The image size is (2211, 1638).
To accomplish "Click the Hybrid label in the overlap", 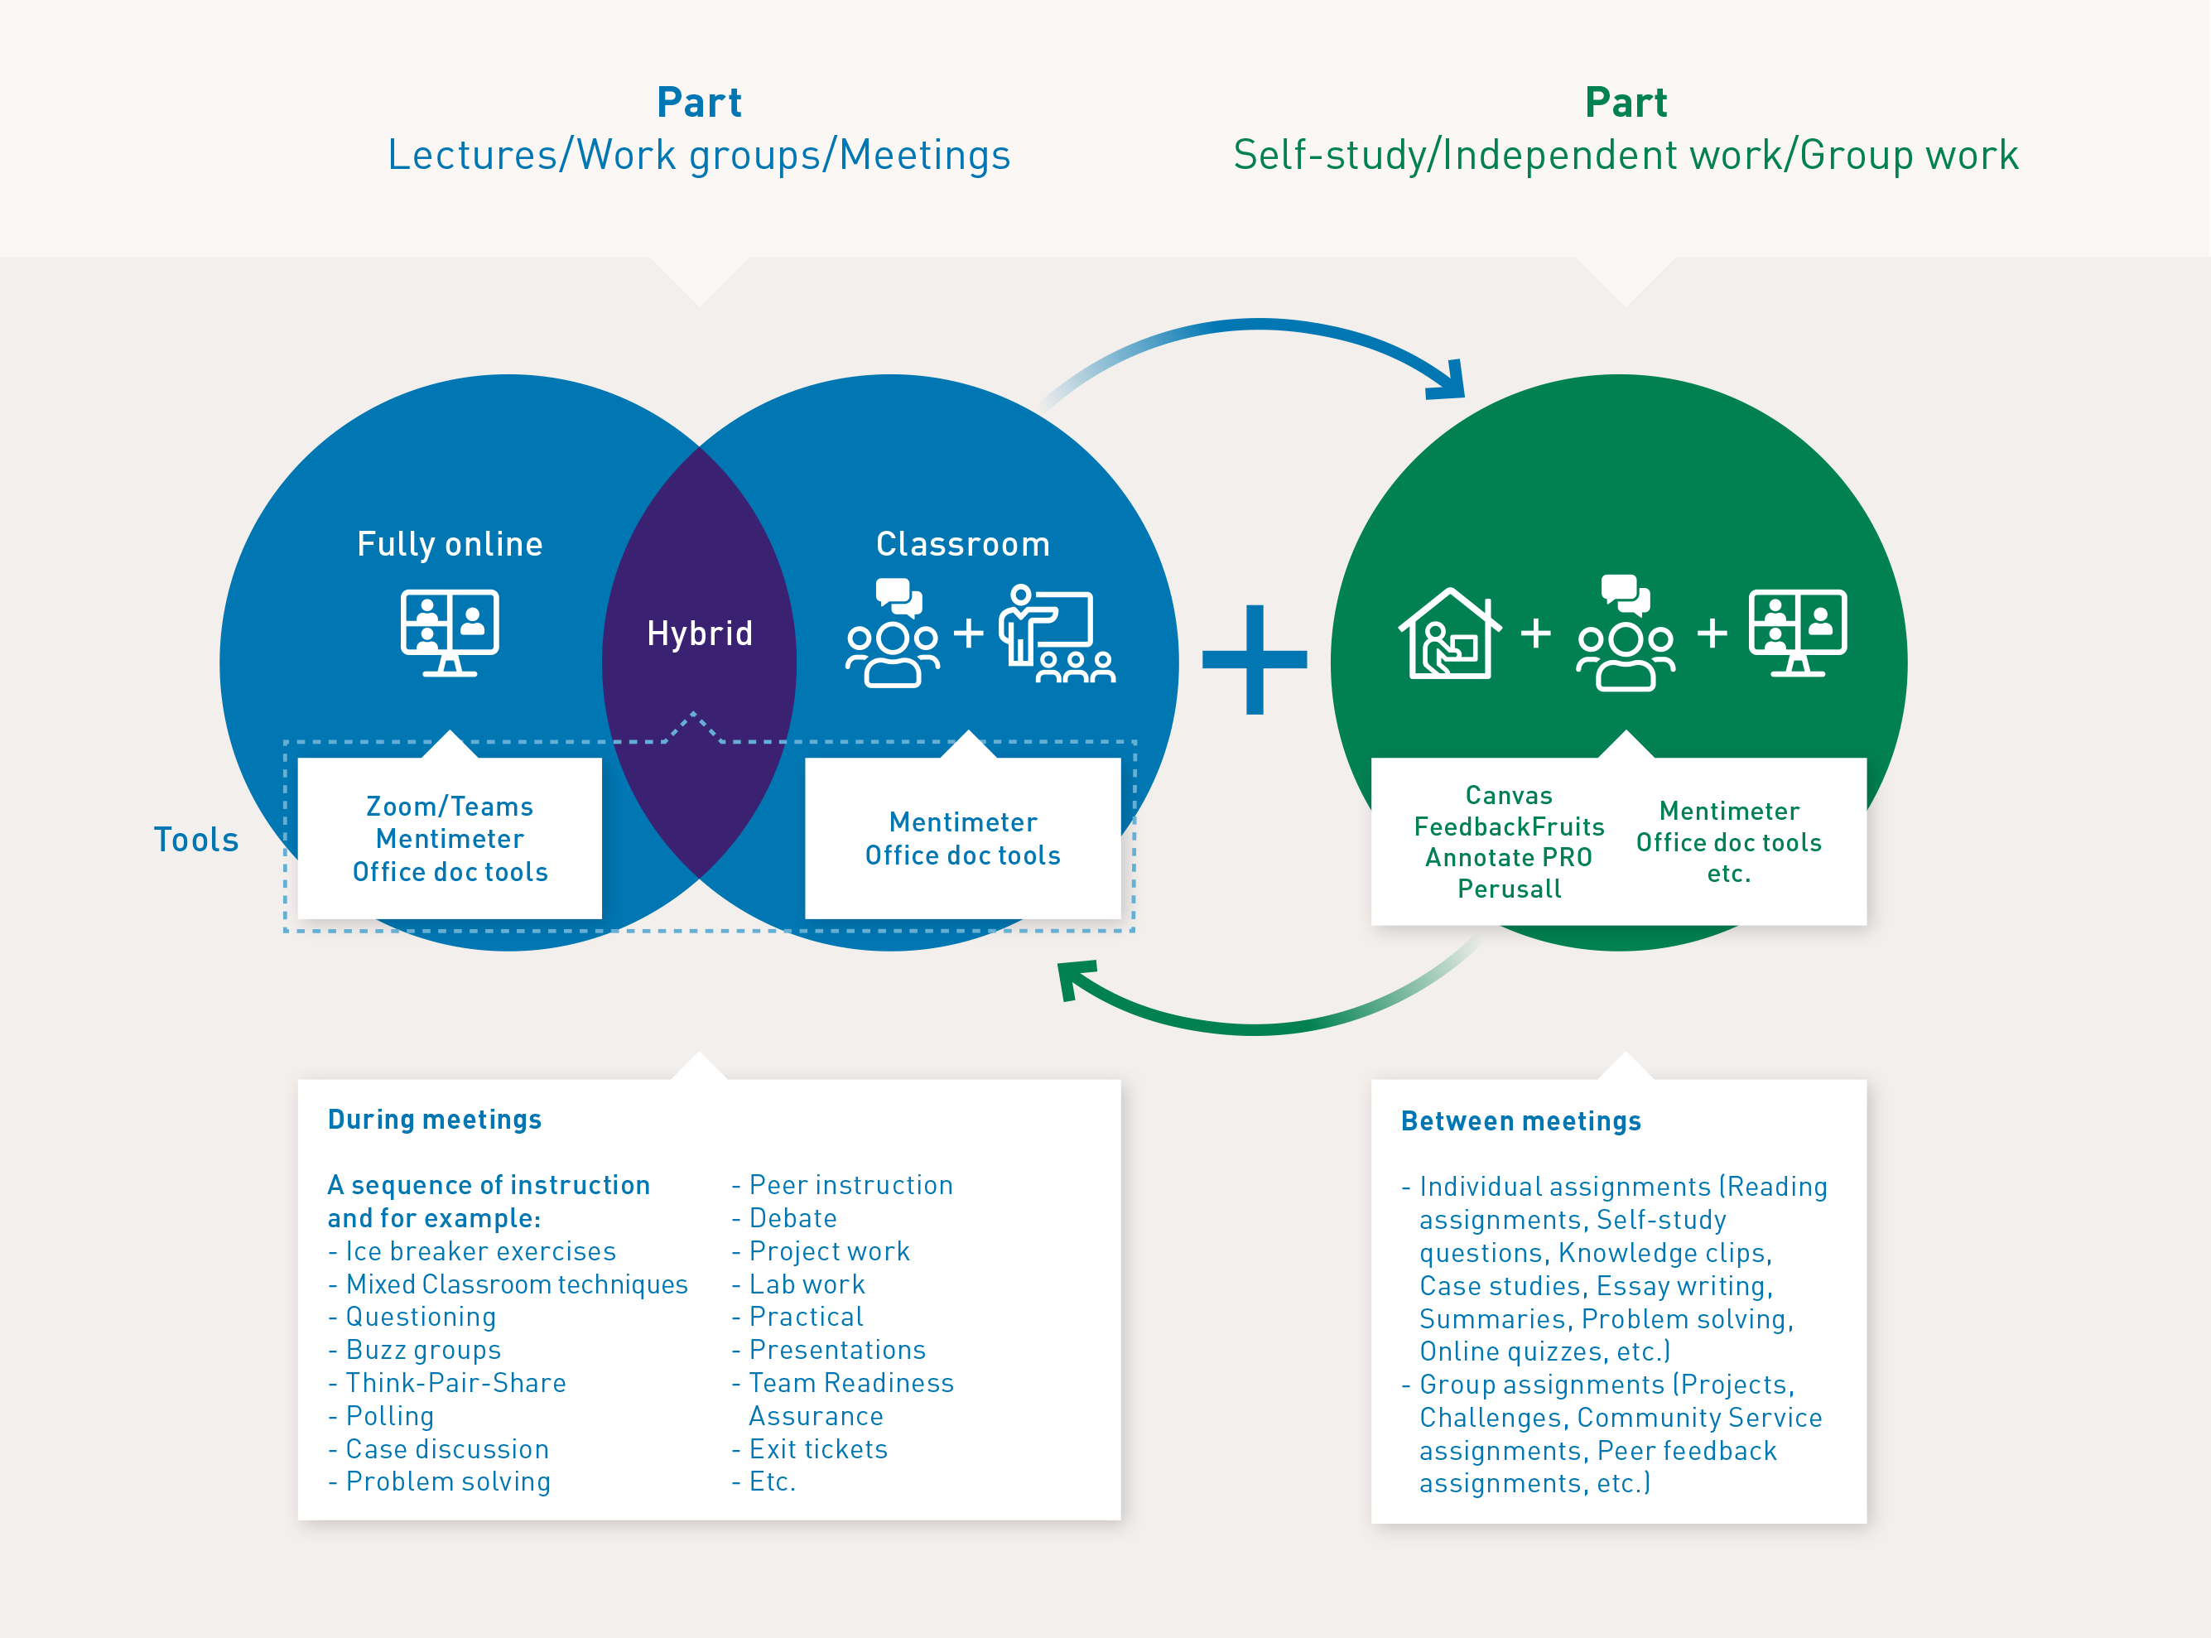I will coord(699,634).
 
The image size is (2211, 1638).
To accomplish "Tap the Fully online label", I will coord(449,544).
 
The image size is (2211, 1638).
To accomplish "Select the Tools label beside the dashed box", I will coord(196,840).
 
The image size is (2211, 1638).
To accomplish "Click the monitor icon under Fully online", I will coord(449,632).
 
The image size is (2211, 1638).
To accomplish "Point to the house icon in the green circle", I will coord(1448,634).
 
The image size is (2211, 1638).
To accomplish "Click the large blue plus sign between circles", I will coord(1255,659).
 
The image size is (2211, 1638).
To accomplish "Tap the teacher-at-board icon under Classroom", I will coord(1057,634).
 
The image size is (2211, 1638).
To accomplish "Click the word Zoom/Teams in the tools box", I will coord(449,806).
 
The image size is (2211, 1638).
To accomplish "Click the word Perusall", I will coord(1508,889).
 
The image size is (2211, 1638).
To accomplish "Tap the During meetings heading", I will coord(434,1120).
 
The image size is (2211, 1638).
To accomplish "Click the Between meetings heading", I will coord(1520,1121).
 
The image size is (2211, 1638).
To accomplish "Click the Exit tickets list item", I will coord(817,1450).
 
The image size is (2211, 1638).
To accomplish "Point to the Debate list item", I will coord(792,1219).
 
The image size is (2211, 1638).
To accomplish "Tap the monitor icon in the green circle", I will coord(1797,632).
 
